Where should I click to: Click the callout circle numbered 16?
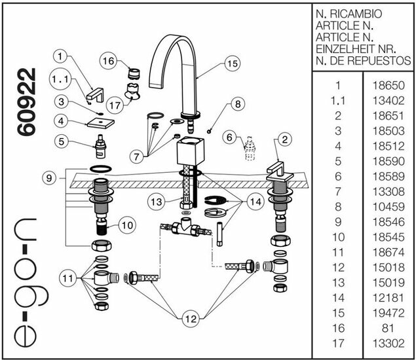pyautogui.click(x=109, y=61)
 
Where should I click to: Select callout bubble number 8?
pyautogui.click(x=236, y=104)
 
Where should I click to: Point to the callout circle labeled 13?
pyautogui.click(x=155, y=202)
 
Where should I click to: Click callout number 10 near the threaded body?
pyautogui.click(x=127, y=225)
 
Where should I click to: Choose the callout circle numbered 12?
pyautogui.click(x=190, y=319)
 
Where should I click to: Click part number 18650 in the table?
pyautogui.click(x=388, y=85)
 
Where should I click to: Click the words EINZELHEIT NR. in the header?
pyautogui.click(x=356, y=48)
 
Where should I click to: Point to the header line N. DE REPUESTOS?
pyautogui.click(x=363, y=61)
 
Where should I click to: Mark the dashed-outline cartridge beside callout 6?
pyautogui.click(x=248, y=149)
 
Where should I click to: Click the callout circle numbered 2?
pyautogui.click(x=284, y=139)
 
